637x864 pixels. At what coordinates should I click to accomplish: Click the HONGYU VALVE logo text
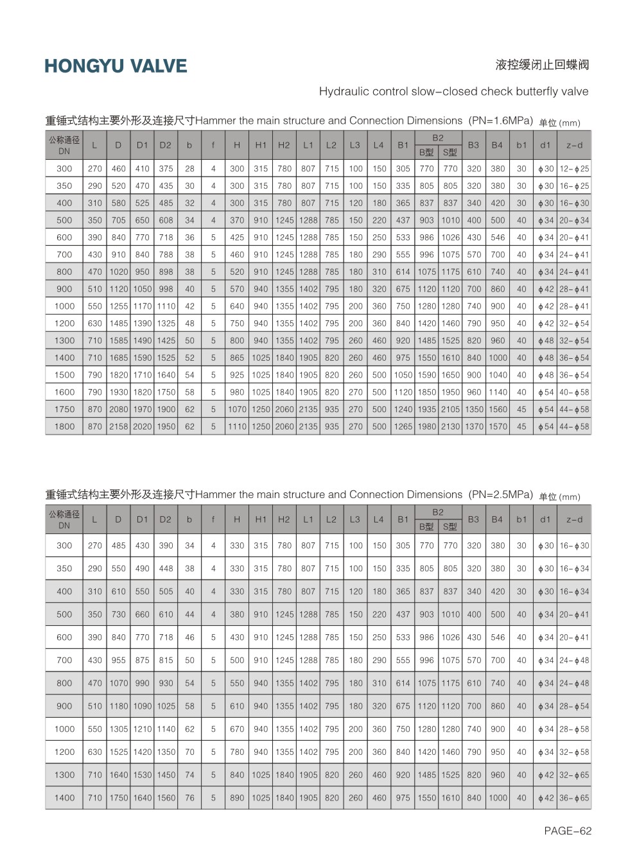[116, 66]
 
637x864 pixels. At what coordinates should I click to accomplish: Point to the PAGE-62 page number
[567, 831]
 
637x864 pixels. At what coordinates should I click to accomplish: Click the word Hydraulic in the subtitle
[344, 91]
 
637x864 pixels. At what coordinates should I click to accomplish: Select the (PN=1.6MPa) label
[501, 121]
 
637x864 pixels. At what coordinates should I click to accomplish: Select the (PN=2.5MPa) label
[501, 494]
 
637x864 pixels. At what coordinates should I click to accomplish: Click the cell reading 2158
[119, 426]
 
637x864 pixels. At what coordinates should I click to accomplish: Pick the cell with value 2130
[450, 426]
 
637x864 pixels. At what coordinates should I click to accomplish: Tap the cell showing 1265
[403, 426]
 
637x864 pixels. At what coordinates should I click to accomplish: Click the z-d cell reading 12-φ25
[574, 169]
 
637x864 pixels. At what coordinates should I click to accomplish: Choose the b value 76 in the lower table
[189, 798]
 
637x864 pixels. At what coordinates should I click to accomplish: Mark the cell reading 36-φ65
[574, 798]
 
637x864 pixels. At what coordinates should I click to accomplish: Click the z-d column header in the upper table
[574, 145]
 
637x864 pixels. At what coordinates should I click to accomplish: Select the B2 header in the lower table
[438, 512]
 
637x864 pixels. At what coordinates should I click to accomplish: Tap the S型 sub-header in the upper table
[450, 153]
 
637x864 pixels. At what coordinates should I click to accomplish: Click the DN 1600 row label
[64, 392]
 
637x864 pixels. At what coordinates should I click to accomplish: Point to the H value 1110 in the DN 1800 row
[237, 426]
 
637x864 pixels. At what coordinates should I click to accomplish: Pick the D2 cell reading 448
[166, 569]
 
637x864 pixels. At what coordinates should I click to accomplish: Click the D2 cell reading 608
[166, 220]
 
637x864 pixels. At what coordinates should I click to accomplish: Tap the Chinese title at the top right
[542, 65]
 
